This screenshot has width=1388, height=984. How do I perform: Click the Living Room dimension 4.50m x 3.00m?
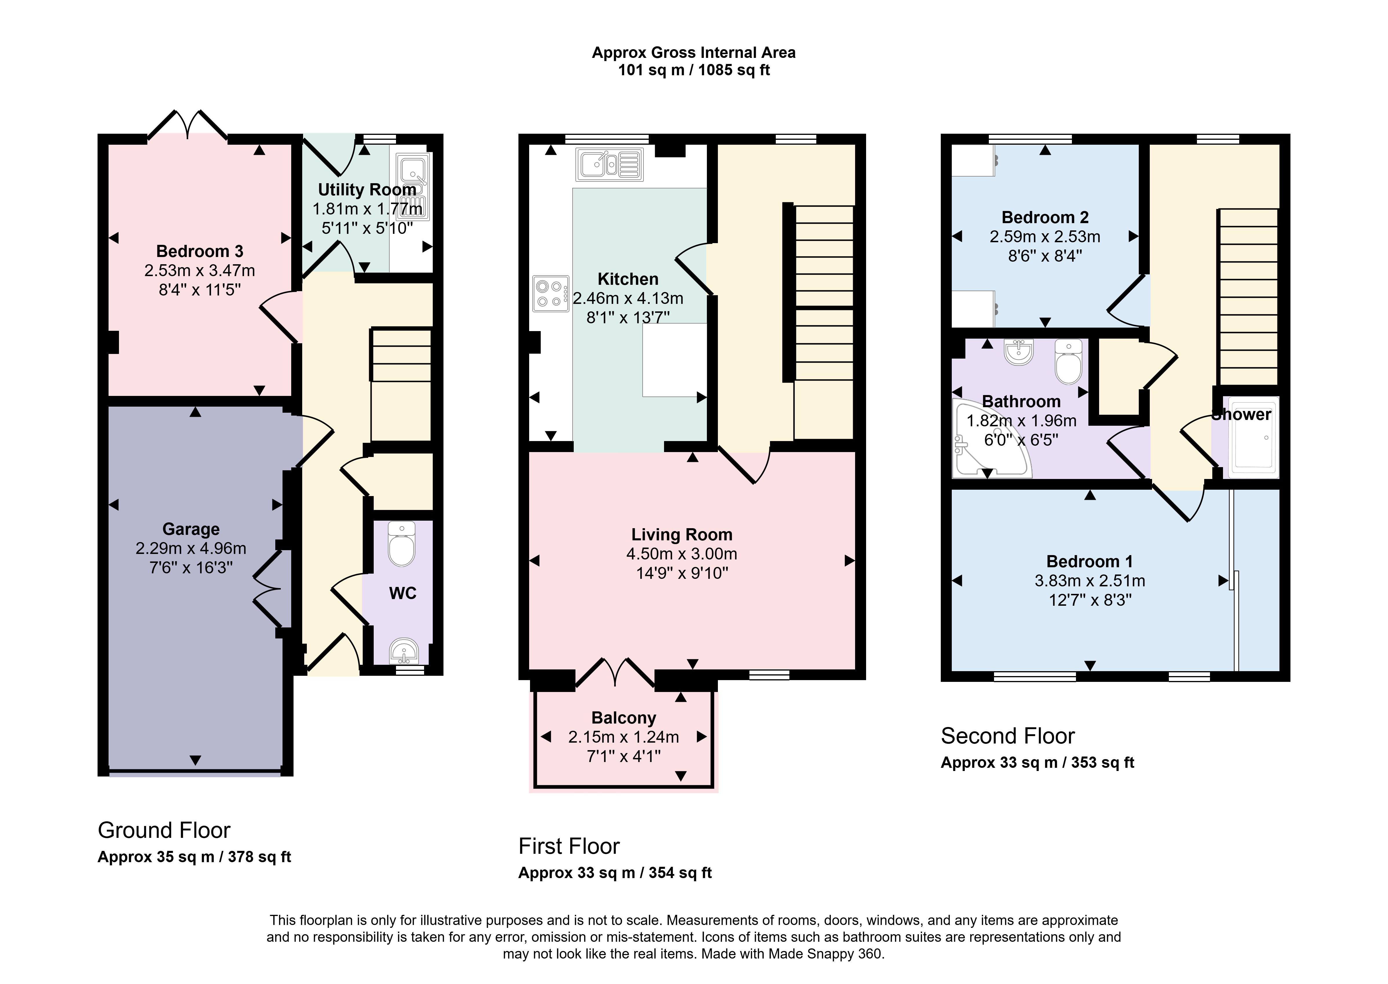pyautogui.click(x=682, y=554)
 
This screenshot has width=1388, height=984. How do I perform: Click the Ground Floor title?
pyautogui.click(x=164, y=830)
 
